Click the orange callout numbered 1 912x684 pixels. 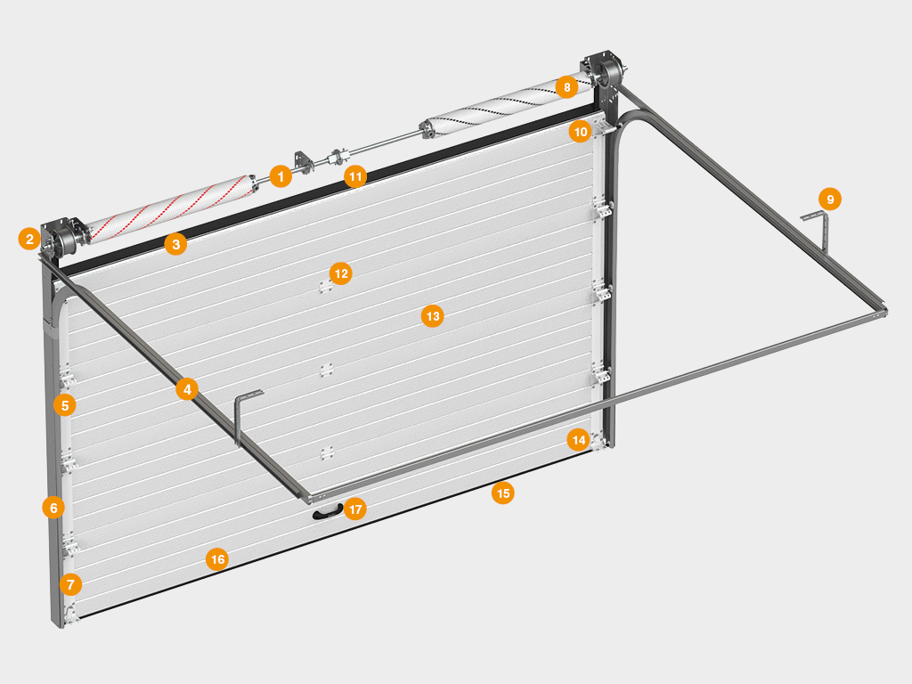tap(281, 176)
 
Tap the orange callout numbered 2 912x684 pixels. tap(29, 239)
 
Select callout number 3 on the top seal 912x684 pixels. tap(175, 244)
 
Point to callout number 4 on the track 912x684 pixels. tap(187, 389)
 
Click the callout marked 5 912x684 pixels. tap(64, 405)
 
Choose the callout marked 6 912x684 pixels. tap(53, 508)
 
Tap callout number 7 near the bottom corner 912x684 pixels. tap(70, 584)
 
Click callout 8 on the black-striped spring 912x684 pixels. tap(566, 87)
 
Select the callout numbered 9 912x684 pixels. tap(830, 199)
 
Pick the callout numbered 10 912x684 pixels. tap(581, 132)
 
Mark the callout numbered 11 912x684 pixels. tap(354, 176)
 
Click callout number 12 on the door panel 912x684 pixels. tap(341, 273)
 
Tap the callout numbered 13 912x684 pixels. tap(432, 316)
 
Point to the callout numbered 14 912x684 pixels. tap(578, 440)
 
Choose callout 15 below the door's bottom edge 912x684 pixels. tap(502, 493)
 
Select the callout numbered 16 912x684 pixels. tap(217, 559)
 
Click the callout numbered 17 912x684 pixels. tap(354, 509)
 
